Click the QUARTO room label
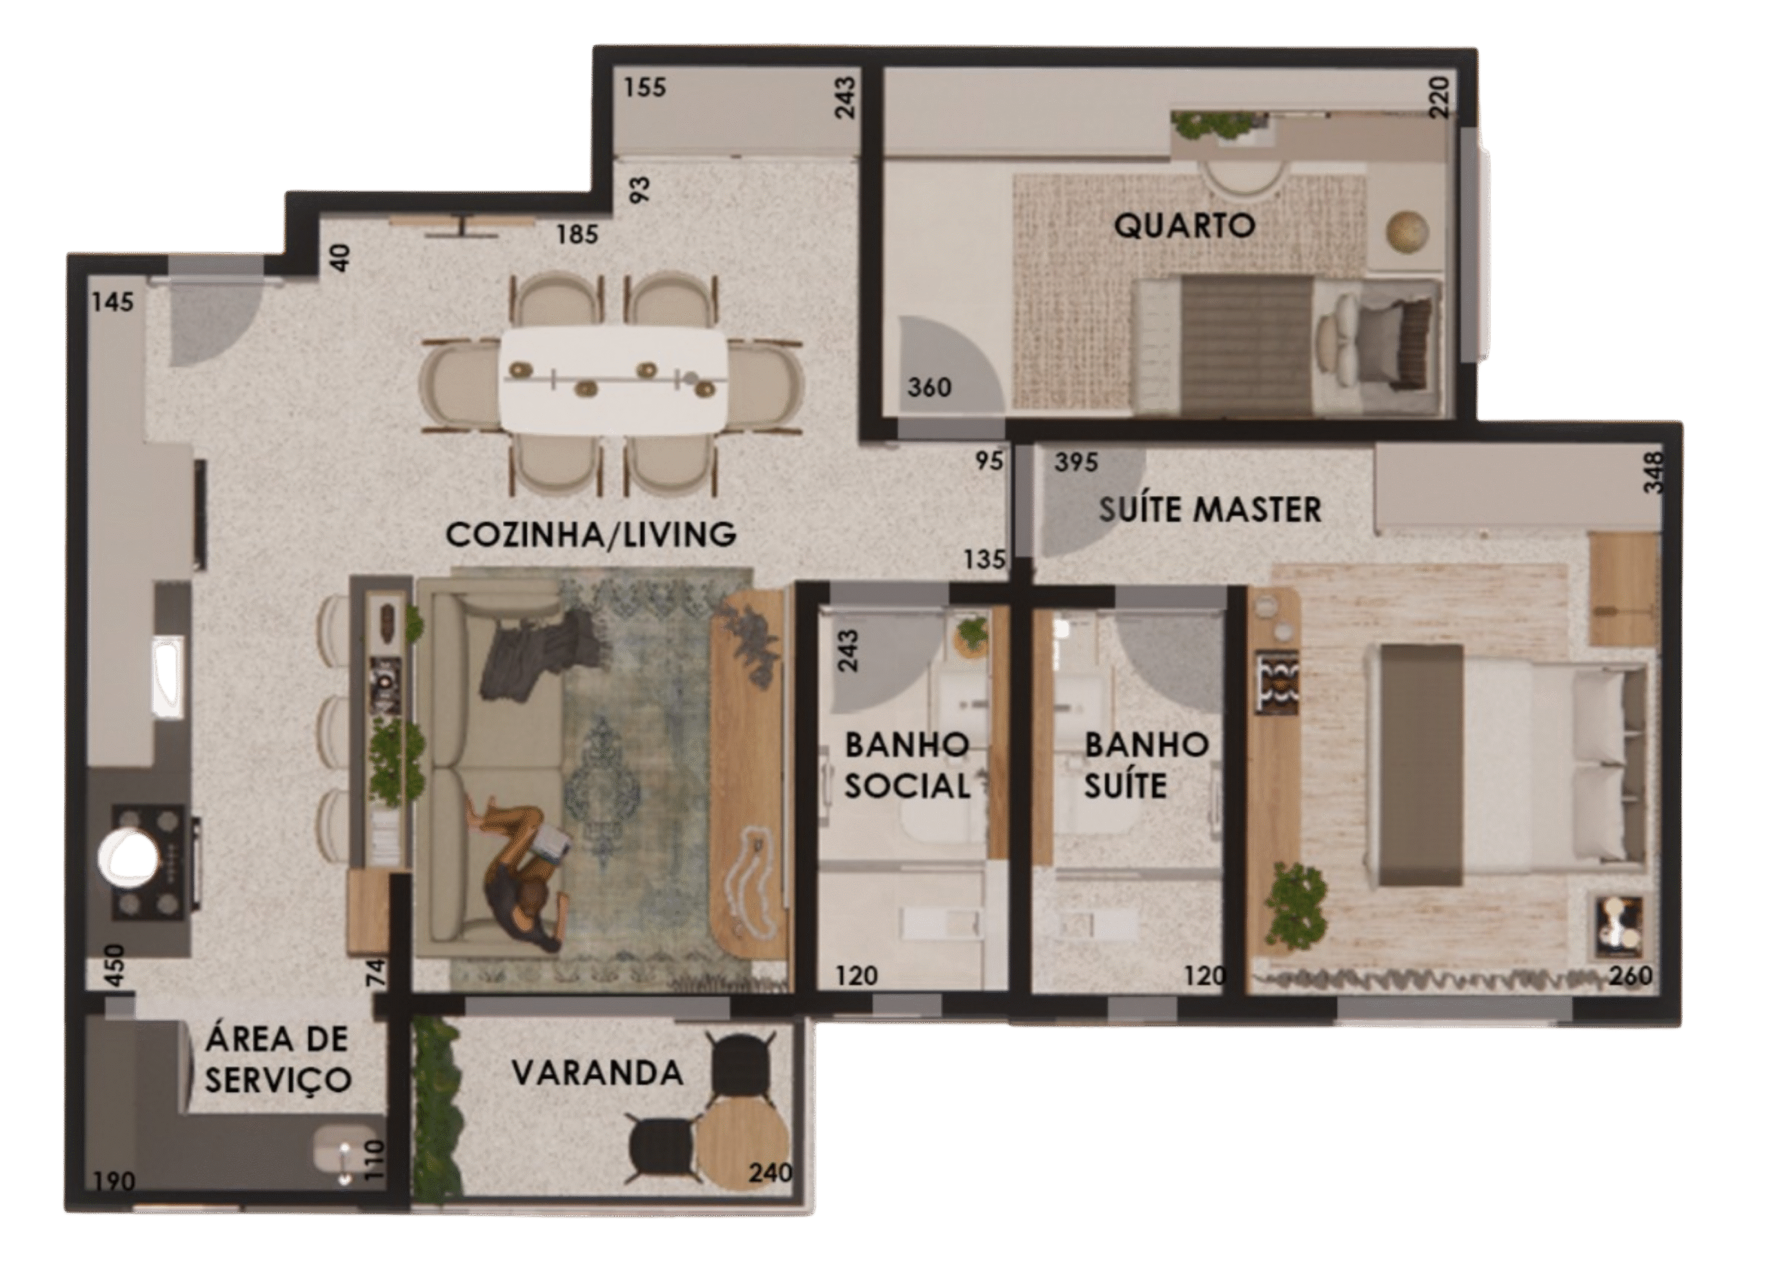point(1184,226)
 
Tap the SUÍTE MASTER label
point(1210,510)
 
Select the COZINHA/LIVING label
point(591,535)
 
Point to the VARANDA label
point(598,1074)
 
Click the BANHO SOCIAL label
point(907,766)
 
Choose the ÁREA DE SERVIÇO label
point(278,1060)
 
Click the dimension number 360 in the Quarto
point(929,387)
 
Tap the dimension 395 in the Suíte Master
point(1076,462)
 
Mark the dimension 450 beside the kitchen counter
point(115,965)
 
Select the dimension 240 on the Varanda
point(770,1172)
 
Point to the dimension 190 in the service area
point(115,1181)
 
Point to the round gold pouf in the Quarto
point(1408,231)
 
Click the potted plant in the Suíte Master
point(1296,904)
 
